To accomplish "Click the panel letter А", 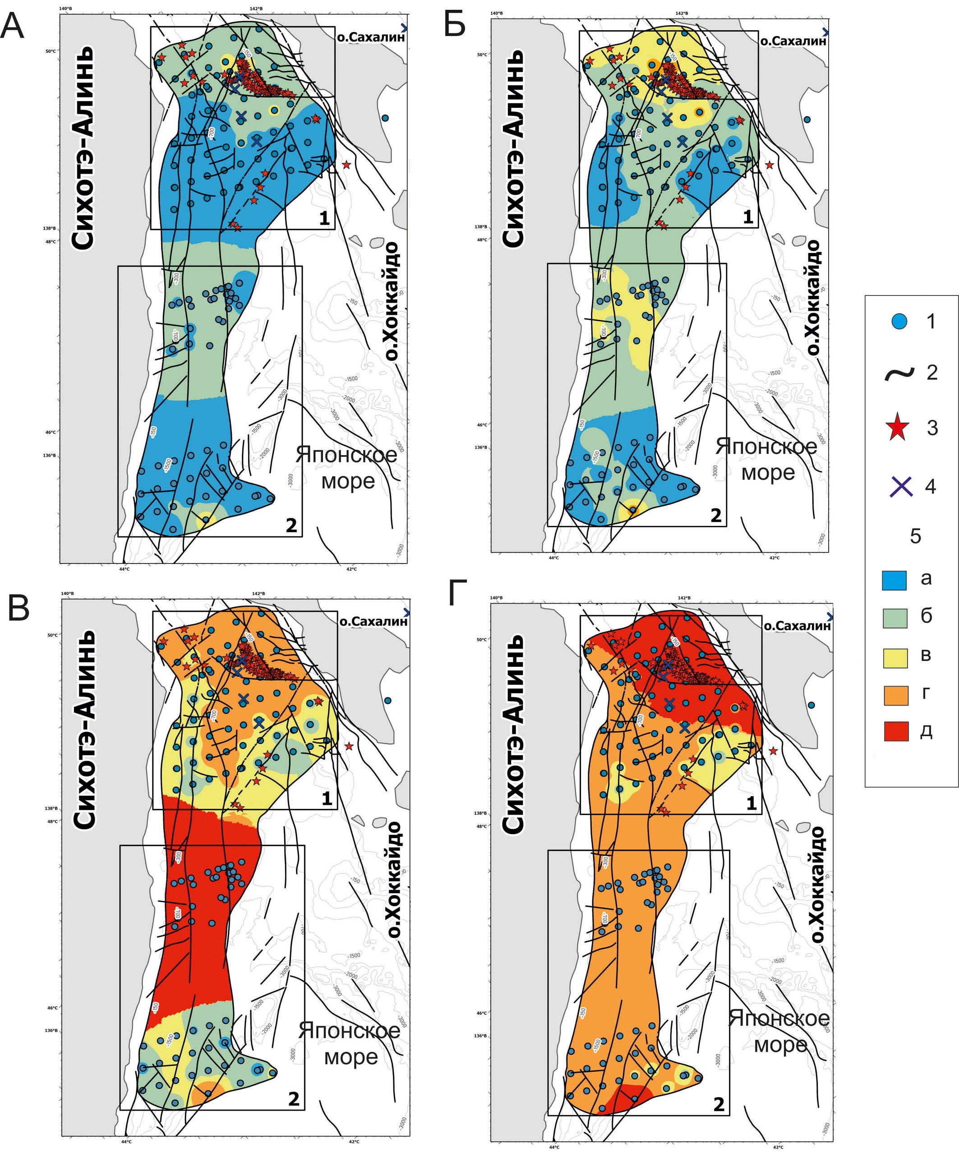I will [x=12, y=26].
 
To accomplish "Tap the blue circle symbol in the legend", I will [x=899, y=321].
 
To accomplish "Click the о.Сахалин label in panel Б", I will [x=793, y=41].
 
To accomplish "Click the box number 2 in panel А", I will [x=291, y=526].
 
